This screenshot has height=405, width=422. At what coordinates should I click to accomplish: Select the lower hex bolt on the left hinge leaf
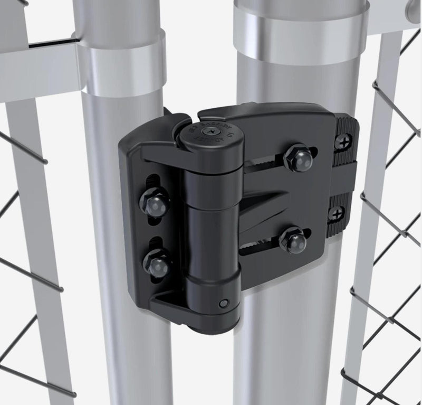click(x=156, y=262)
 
